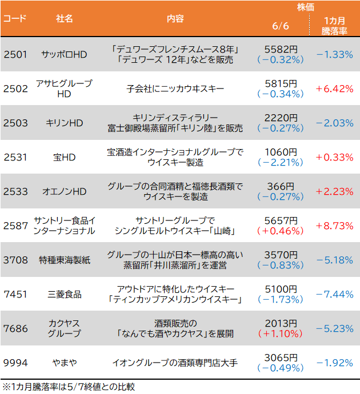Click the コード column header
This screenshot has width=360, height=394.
pos(15,19)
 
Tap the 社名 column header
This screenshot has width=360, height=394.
pos(65,19)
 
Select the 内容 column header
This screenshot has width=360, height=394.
pos(175,19)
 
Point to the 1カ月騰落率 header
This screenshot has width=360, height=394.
pos(334,26)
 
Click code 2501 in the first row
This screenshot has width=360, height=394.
pos(15,55)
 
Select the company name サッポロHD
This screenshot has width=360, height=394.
pos(65,55)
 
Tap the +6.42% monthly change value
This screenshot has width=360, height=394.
pos(334,89)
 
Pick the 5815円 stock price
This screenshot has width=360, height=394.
pos(281,83)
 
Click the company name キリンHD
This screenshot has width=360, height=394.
pos(65,123)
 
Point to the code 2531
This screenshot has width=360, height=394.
pos(15,157)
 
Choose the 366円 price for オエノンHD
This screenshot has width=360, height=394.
pos(281,186)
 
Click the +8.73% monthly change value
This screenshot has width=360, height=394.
pos(334,226)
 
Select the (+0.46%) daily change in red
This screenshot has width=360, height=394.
pos(281,231)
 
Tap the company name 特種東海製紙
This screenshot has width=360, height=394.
pos(65,260)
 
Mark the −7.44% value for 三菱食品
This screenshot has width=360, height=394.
pos(334,294)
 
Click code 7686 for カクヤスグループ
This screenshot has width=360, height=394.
pos(15,328)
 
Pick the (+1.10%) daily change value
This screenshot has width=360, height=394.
pos(281,333)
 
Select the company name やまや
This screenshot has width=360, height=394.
pos(65,362)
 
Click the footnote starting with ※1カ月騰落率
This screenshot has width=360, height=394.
pos(69,387)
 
